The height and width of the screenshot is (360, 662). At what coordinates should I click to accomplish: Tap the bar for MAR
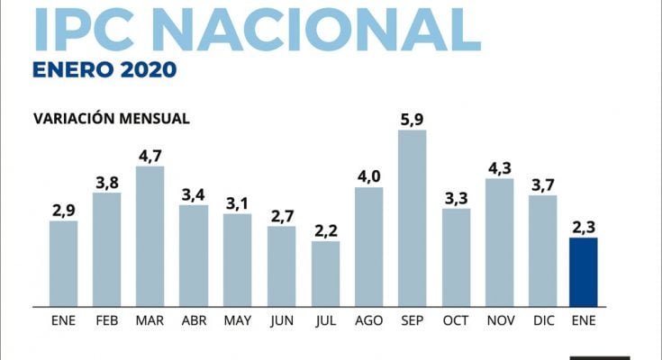[150, 236]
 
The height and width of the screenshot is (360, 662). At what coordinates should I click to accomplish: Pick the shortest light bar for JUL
[325, 273]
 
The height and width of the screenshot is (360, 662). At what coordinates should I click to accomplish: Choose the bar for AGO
[368, 246]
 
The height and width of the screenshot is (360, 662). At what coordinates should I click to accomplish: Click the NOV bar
[499, 241]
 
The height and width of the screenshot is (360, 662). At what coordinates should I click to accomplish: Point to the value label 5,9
[413, 118]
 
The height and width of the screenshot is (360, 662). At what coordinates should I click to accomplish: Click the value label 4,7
[150, 154]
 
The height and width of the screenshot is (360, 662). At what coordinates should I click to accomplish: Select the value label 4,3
[499, 166]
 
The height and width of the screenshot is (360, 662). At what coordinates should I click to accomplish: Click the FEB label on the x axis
[106, 319]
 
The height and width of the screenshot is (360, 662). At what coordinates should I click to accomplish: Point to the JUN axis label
[281, 319]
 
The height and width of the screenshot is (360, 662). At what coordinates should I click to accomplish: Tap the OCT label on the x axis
[456, 319]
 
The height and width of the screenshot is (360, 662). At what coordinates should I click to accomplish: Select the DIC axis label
[542, 319]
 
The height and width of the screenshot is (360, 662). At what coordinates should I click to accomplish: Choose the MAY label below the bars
[237, 319]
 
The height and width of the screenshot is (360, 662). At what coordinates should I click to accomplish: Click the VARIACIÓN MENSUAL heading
[111, 118]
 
